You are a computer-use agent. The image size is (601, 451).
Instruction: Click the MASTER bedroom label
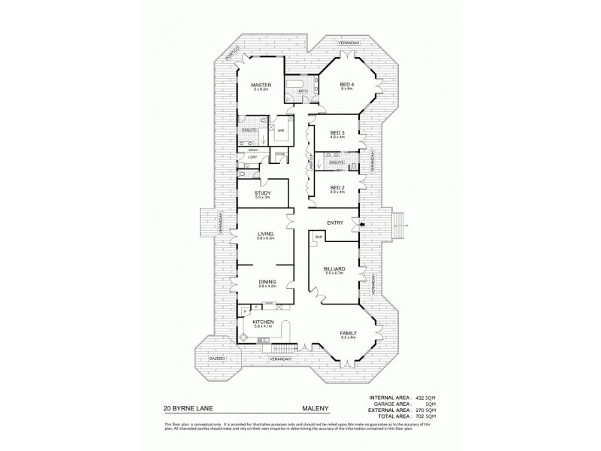261,85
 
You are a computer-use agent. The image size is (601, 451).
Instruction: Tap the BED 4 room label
346,85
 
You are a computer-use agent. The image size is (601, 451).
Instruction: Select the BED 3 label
337,133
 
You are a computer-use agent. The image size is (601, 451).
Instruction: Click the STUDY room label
262,193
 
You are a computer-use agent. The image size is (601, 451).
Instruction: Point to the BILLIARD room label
335,268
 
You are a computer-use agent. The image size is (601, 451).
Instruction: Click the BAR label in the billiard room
319,238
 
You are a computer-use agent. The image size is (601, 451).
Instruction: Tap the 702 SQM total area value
425,415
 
